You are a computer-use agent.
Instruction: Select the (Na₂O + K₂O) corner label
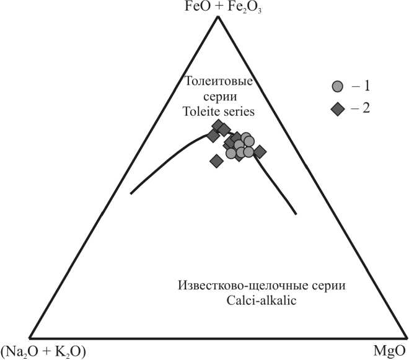pyautogui.click(x=43, y=351)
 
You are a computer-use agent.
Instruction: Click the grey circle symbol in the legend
pyautogui.click(x=337, y=87)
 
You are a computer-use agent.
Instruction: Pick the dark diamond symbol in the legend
pyautogui.click(x=337, y=109)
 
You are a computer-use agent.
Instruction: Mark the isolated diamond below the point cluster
pyautogui.click(x=216, y=161)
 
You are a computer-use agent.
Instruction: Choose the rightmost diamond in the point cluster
pyautogui.click(x=260, y=151)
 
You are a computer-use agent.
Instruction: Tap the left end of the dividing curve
pyautogui.click(x=131, y=193)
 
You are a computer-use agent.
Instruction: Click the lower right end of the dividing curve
pyautogui.click(x=296, y=214)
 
